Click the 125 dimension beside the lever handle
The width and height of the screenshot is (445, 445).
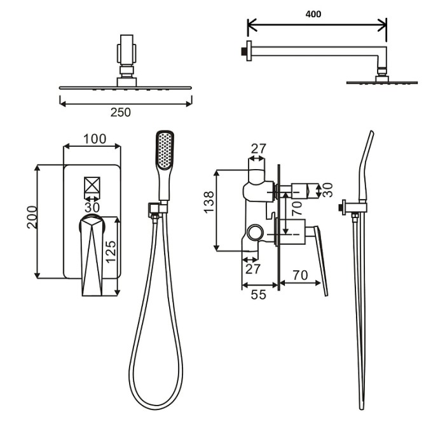(111, 252)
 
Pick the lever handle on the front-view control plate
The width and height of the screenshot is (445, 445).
(93, 254)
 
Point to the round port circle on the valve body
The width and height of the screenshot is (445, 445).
(257, 232)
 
